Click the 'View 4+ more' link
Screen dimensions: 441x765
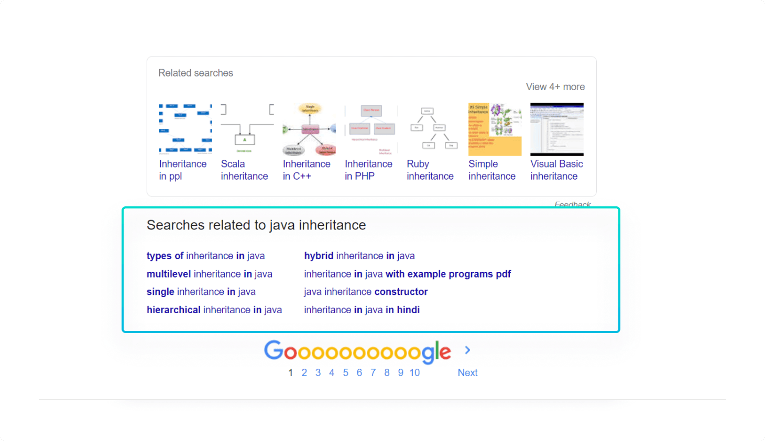[555, 87]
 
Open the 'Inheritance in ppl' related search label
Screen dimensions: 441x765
[182, 170]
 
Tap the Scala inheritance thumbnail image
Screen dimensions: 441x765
[247, 129]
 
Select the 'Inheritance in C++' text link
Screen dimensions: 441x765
[306, 170]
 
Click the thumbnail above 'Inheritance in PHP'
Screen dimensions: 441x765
[370, 129]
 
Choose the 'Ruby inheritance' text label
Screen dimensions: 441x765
[430, 170]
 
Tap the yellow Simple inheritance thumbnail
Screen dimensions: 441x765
[495, 129]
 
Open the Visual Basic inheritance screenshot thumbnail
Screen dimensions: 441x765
[556, 129]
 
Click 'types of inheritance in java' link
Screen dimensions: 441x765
[205, 256]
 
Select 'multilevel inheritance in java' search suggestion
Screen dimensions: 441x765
[209, 274]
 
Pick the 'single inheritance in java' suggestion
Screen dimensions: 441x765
[201, 292]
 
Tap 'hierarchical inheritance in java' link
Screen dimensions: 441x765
[214, 310]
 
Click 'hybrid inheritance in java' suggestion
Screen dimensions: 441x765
[359, 256]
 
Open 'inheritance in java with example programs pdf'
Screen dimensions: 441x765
[407, 274]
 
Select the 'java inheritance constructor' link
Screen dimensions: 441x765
[366, 292]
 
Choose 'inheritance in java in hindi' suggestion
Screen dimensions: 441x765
[362, 310]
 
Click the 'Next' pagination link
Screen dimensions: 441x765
[467, 373]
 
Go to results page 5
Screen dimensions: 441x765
[345, 373]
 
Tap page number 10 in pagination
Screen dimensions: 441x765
[414, 373]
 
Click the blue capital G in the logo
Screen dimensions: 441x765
[273, 350]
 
